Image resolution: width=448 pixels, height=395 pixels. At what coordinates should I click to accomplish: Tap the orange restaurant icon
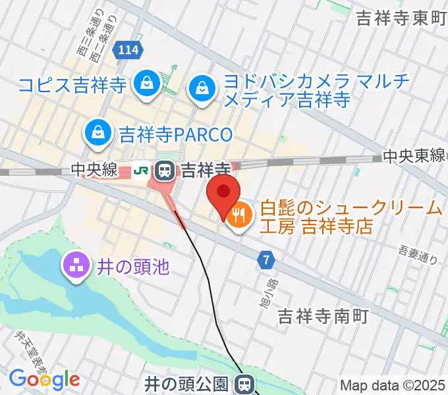click(x=238, y=214)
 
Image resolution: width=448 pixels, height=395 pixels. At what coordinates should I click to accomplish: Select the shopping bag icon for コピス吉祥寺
click(x=144, y=84)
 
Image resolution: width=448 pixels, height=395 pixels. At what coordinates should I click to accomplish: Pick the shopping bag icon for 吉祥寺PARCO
click(x=98, y=131)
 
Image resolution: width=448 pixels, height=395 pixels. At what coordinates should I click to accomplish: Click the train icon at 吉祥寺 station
click(x=164, y=172)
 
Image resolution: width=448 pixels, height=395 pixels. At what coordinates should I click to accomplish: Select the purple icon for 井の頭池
click(x=73, y=267)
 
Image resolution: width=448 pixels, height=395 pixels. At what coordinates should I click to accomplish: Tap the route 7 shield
click(x=266, y=260)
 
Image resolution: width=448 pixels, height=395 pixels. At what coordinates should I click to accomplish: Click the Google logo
click(x=44, y=379)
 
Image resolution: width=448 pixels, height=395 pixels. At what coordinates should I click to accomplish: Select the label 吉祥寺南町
click(x=322, y=315)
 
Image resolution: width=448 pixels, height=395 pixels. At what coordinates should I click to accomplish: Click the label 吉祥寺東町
click(x=401, y=18)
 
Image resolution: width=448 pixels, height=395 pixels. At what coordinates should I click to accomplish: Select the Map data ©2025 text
click(x=392, y=385)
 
